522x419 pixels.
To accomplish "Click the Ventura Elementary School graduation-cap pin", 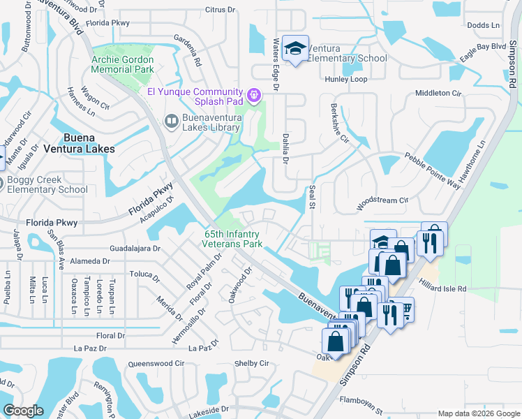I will (x=296, y=48).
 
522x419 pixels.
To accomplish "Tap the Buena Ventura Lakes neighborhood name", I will (x=89, y=143).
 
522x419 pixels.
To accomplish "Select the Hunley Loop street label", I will (x=345, y=80).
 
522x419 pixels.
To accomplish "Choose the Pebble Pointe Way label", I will (x=433, y=170).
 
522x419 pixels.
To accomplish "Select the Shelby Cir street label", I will (x=251, y=363).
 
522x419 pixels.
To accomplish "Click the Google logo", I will (x=23, y=411).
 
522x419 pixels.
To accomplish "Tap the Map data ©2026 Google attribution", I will (x=478, y=413).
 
